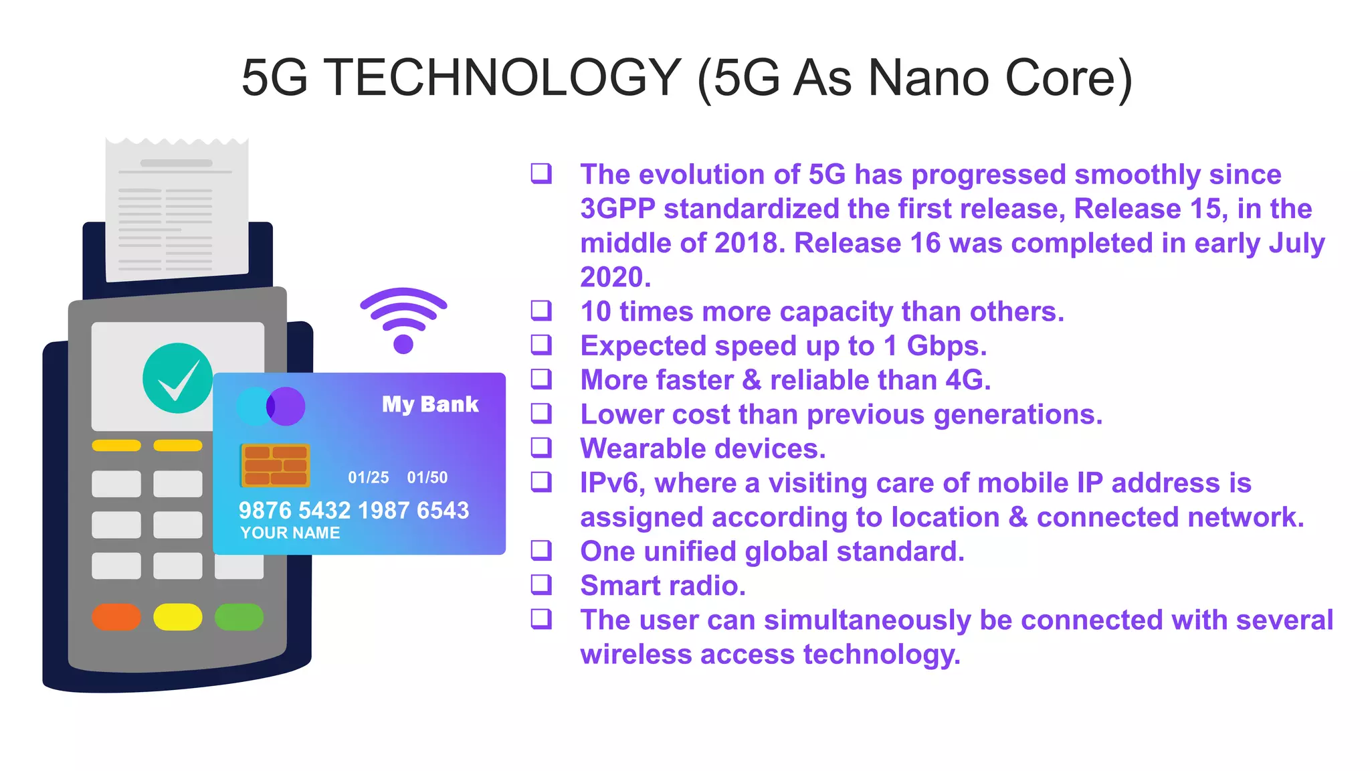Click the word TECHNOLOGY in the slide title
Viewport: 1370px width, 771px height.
502,78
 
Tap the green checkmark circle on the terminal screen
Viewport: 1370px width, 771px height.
177,378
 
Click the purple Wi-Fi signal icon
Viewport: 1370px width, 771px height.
403,320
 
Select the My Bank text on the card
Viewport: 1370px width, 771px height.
430,404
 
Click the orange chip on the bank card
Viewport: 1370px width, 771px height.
275,465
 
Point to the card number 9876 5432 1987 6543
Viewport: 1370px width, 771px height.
354,511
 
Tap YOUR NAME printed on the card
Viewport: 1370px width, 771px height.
290,533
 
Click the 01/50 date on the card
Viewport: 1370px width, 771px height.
427,478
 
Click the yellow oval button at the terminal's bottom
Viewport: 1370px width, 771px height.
177,617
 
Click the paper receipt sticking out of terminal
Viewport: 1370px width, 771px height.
177,207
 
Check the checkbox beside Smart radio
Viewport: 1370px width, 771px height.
541,584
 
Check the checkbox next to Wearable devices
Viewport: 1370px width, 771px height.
541,447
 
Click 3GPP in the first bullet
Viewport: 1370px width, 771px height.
617,209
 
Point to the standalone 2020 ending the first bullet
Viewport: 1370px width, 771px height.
615,277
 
